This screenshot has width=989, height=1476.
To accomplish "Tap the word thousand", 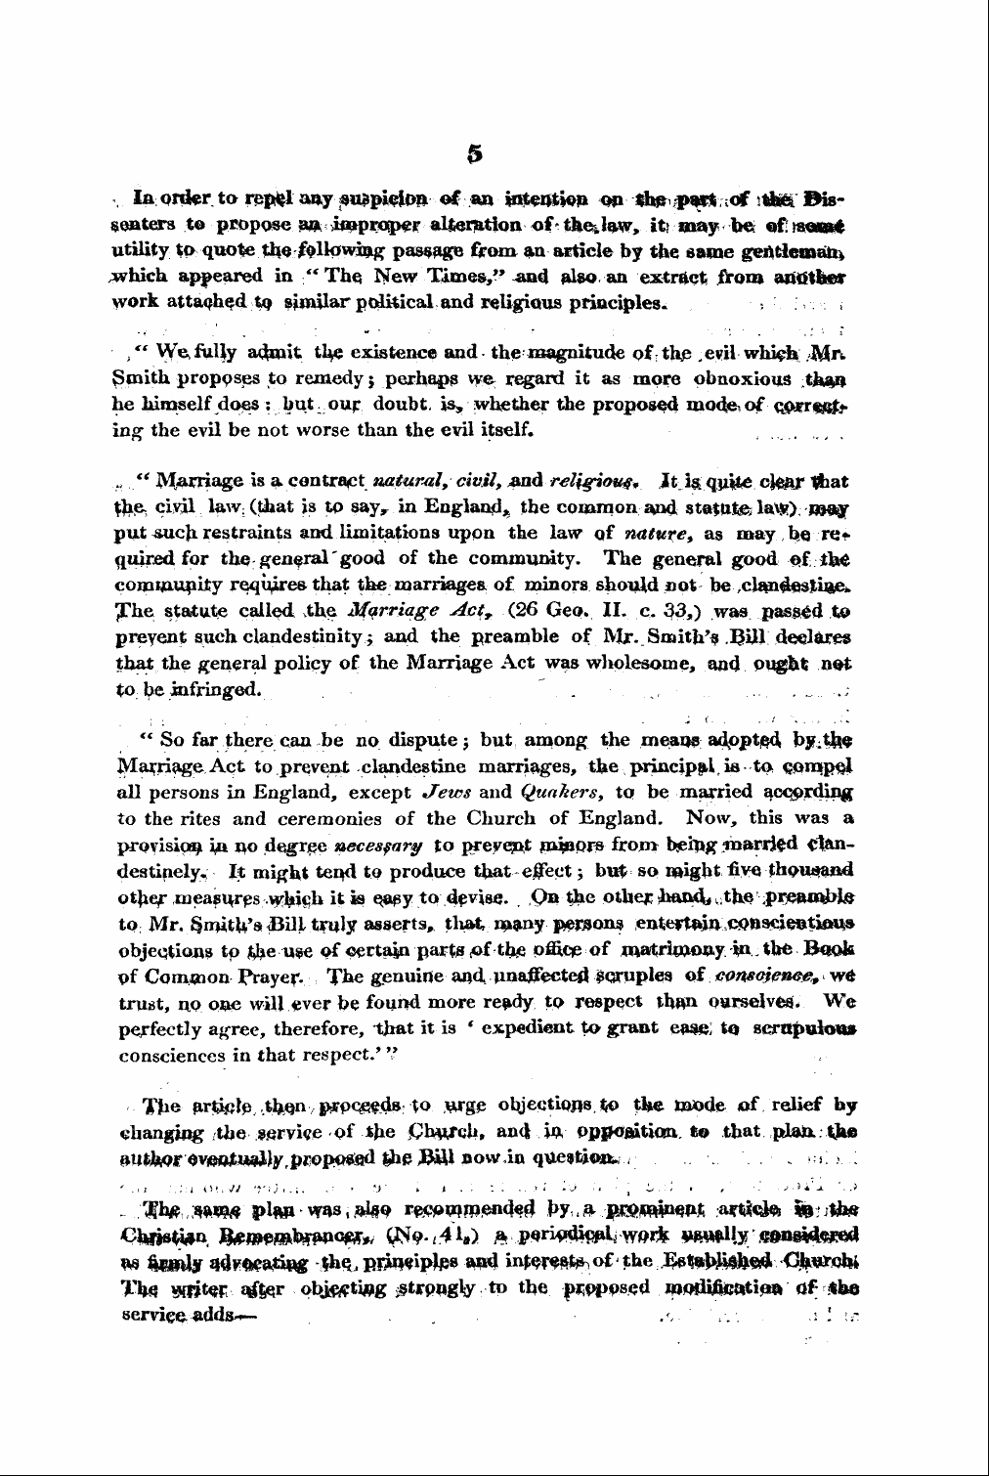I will click(x=817, y=869).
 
